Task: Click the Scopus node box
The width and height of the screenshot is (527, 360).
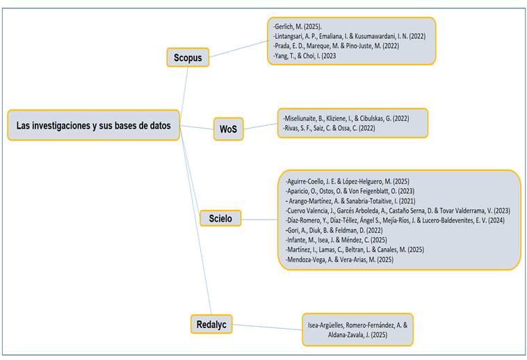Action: click(188, 58)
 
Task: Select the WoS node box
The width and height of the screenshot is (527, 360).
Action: click(227, 129)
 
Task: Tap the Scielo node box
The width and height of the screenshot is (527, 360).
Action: click(220, 219)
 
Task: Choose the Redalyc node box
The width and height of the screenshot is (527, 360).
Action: click(211, 323)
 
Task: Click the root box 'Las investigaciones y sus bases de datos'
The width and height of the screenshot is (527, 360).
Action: click(93, 126)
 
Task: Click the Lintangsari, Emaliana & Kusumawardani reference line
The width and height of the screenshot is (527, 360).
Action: click(351, 36)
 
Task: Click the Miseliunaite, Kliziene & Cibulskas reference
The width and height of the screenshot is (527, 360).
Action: click(346, 118)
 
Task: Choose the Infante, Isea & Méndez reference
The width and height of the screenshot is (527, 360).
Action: click(337, 239)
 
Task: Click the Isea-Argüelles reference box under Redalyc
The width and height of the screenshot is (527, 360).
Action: click(358, 329)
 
